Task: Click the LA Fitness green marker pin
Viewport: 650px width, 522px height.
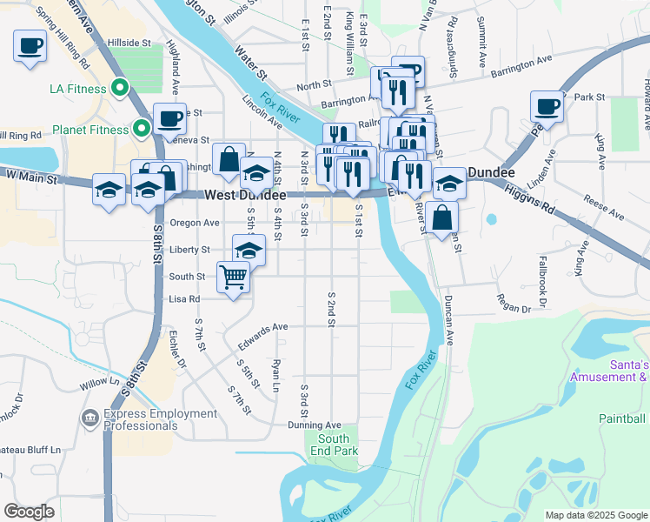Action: coord(121,89)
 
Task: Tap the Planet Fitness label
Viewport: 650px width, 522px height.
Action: coord(90,131)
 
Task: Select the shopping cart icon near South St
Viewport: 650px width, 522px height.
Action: coord(233,278)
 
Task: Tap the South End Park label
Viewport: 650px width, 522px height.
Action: coord(334,445)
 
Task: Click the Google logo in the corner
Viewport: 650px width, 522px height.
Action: coord(29,512)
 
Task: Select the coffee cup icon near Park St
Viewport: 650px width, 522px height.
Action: coord(547,107)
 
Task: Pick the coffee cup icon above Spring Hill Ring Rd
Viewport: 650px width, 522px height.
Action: coord(30,45)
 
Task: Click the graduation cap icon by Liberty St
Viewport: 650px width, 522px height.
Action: coord(249,251)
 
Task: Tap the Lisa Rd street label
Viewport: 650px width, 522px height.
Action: coord(184,298)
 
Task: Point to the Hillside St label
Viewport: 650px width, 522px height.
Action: coord(129,42)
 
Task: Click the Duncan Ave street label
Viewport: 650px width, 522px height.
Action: coord(449,318)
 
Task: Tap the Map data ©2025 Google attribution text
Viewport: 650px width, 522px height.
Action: coord(595,515)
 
